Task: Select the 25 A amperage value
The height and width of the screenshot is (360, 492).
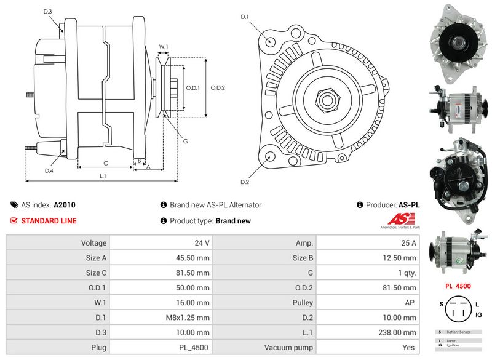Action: (408, 243)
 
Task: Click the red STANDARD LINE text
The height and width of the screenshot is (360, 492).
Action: (49, 221)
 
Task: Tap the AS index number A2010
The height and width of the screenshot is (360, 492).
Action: (65, 205)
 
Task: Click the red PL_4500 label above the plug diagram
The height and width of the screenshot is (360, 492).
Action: (458, 286)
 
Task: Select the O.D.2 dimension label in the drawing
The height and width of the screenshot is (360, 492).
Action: (218, 87)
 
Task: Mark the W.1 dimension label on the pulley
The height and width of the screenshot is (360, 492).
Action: (164, 47)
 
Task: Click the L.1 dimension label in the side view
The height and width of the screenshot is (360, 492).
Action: (103, 176)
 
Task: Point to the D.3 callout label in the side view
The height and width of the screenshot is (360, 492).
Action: (48, 12)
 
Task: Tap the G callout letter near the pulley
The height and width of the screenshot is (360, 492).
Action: (186, 141)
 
